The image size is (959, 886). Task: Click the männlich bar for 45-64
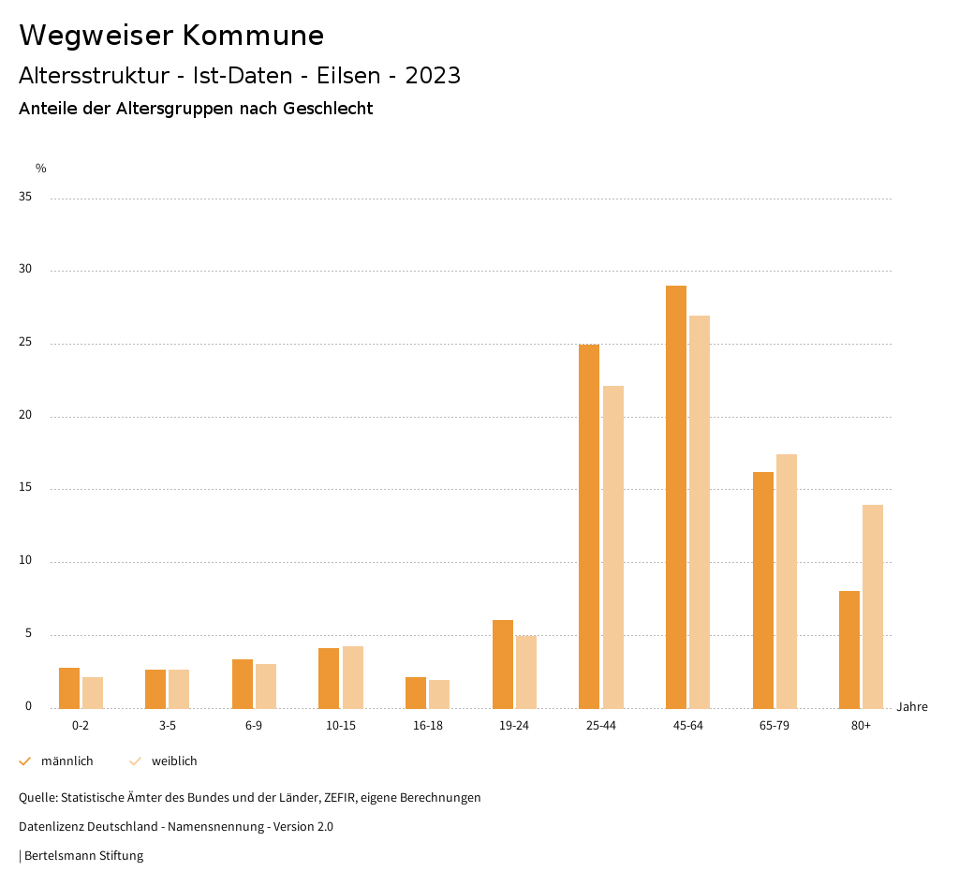pos(676,496)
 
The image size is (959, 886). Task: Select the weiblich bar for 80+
pos(873,606)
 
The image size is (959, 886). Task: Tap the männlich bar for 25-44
pos(589,526)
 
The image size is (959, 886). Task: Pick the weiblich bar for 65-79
pos(787,581)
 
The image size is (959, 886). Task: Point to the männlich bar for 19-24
pos(503,664)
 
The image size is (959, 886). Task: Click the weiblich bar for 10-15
pos(353,677)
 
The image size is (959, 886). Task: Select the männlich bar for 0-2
pos(69,687)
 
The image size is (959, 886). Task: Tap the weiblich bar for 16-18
pos(439,694)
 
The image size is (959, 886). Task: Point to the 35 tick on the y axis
pos(25,198)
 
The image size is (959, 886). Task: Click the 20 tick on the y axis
pos(25,416)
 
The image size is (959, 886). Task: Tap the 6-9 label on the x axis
pos(254,726)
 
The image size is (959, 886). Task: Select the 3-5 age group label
pos(168,726)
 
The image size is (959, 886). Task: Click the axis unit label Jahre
pos(912,707)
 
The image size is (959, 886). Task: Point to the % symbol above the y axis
pos(41,169)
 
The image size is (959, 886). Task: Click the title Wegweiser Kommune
pos(171,36)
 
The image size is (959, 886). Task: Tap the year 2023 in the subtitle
pos(433,76)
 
